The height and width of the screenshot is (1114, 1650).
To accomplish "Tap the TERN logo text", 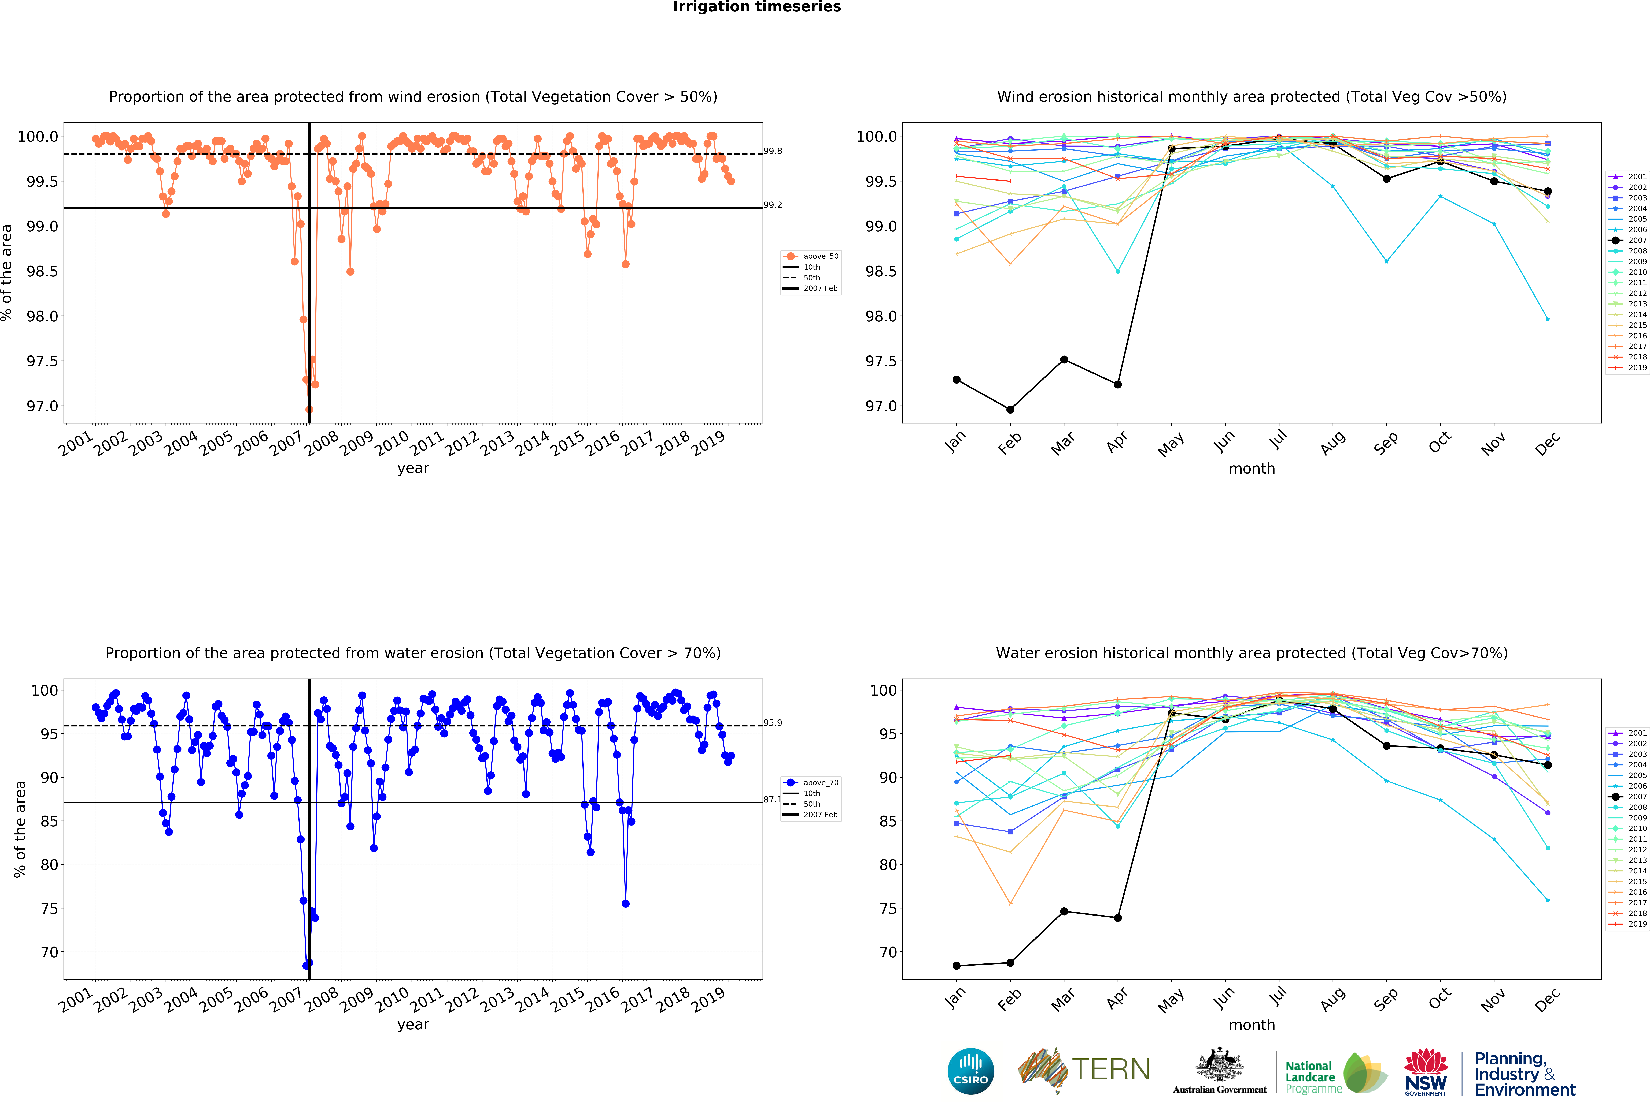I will tap(1110, 1069).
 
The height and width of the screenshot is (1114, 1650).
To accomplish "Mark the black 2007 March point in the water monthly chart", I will tap(1064, 911).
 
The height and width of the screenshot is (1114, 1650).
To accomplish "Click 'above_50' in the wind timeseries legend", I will tap(821, 256).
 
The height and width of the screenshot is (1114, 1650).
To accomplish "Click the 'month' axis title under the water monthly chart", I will tap(1252, 1025).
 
